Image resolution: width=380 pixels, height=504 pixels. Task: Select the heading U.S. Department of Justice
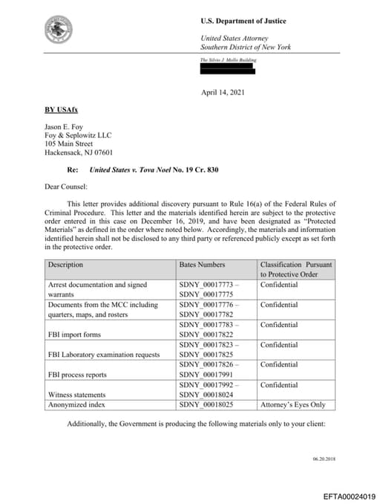click(243, 21)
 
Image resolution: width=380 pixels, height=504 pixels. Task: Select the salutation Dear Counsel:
click(67, 186)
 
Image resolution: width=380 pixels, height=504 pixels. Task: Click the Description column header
click(65, 265)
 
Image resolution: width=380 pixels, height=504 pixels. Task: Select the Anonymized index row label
click(76, 404)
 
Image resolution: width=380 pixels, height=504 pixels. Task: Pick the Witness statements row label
click(76, 395)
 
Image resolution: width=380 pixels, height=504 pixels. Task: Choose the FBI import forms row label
click(73, 335)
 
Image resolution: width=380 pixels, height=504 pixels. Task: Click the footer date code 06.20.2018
click(324, 459)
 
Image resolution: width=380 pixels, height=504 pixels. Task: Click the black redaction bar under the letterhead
click(228, 69)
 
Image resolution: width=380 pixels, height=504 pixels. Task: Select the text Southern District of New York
click(246, 48)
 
